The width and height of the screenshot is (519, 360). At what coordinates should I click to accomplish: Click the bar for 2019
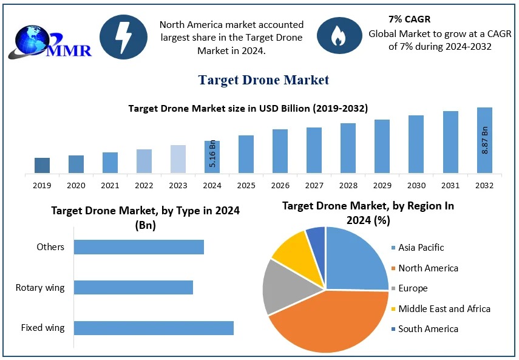[42, 165]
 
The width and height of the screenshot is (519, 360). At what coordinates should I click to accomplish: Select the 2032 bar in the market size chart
[484, 140]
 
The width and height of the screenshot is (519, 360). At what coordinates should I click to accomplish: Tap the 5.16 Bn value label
[212, 155]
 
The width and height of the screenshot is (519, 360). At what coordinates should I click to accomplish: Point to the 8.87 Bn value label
[485, 140]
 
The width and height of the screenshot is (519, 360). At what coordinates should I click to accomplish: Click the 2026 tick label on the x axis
[280, 185]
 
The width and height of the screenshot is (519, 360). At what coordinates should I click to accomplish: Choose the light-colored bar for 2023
[178, 159]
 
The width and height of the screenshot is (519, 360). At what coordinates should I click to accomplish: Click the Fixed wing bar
[154, 328]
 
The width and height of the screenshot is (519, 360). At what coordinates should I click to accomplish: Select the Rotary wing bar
[134, 287]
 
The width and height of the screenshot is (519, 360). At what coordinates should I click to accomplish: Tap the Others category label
[50, 247]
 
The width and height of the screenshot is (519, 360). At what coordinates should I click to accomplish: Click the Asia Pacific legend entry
[421, 248]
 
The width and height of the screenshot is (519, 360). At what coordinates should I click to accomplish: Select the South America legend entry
[428, 329]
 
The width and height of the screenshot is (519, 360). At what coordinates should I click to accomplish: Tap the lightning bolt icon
[123, 37]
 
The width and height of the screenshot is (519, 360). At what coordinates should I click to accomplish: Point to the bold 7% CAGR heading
[410, 19]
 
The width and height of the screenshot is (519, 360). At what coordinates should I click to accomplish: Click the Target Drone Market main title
[263, 80]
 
